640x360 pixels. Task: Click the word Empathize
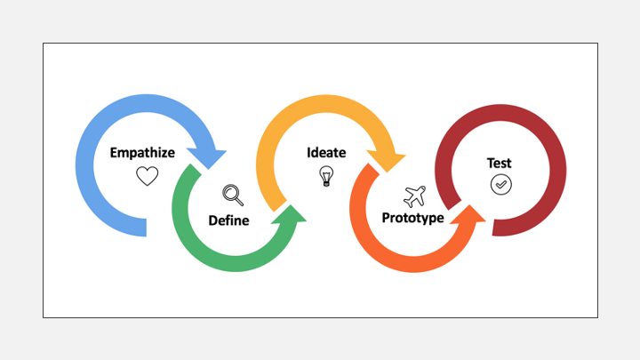(x=142, y=153)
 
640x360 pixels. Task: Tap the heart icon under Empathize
(x=147, y=176)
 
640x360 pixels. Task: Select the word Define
(x=228, y=220)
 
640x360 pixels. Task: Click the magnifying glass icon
(x=233, y=195)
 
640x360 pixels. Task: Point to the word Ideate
(x=326, y=152)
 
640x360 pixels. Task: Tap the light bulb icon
(x=326, y=176)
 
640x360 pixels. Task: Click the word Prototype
(x=412, y=218)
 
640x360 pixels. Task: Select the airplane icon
(x=414, y=196)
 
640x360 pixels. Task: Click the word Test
(x=500, y=163)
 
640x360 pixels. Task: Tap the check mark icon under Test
(x=501, y=185)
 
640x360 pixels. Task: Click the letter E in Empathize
(x=114, y=153)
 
